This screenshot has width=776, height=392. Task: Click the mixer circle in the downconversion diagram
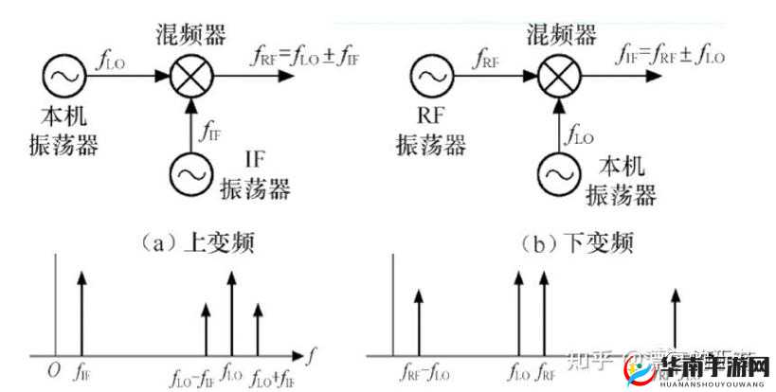coord(557,77)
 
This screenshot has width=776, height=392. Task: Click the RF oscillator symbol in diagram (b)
coord(432,77)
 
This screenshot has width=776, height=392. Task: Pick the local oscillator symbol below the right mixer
coord(557,172)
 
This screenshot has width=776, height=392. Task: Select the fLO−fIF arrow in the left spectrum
coord(207,322)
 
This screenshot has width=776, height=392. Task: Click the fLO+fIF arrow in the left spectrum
coord(258,322)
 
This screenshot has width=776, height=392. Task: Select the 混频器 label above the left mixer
coord(190,36)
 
